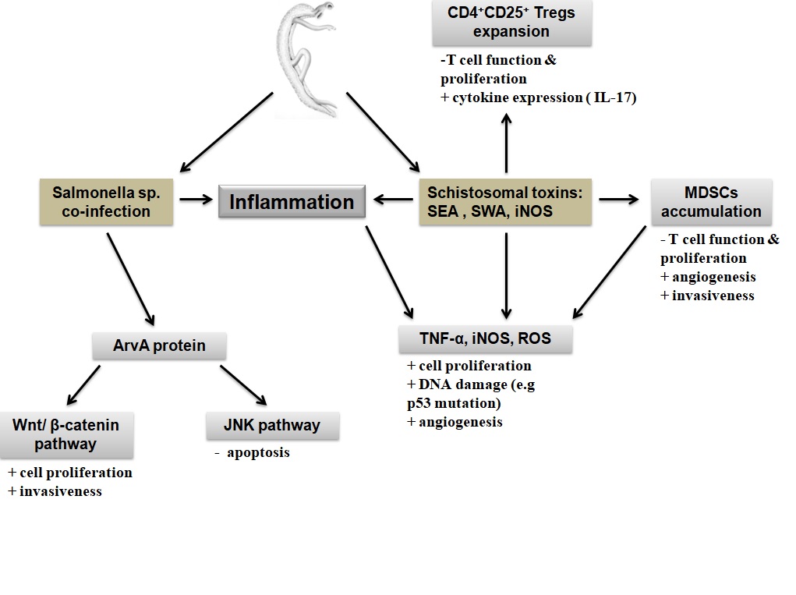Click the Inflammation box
click(292, 202)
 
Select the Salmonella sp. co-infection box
click(106, 202)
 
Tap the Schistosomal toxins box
click(506, 202)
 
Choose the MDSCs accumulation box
click(711, 201)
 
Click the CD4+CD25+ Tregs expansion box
click(511, 23)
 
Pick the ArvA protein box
click(159, 345)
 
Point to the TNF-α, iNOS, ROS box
click(486, 339)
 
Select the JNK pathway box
click(274, 426)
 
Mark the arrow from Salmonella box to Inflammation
click(196, 200)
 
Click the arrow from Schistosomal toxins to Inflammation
click(393, 200)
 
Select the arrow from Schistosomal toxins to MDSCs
click(618, 200)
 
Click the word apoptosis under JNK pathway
click(258, 453)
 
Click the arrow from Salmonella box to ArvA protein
click(130, 278)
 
